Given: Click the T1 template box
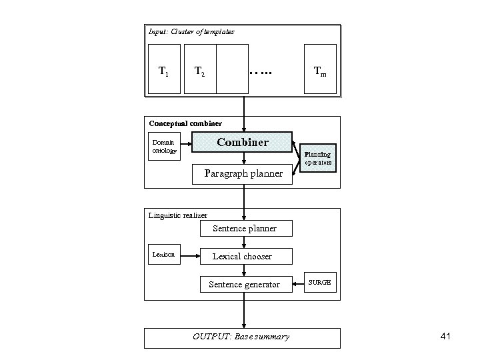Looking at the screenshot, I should [x=163, y=69].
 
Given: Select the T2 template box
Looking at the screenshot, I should [x=200, y=69].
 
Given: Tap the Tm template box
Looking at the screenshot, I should [x=321, y=69].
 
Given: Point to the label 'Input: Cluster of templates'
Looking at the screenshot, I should [x=191, y=31].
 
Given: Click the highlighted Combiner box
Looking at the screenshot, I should [x=242, y=142].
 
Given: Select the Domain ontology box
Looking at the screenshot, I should [x=163, y=146].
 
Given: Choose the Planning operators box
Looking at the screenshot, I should [x=318, y=159].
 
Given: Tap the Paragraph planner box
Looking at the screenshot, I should [x=243, y=174].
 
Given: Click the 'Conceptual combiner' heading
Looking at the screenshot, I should [x=185, y=123].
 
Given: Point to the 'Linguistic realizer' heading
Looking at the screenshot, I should [x=178, y=215].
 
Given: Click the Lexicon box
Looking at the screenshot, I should [x=163, y=255].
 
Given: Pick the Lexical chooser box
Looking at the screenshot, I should [x=242, y=256].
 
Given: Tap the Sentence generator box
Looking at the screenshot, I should [x=244, y=285].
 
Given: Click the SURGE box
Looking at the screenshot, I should [x=319, y=283].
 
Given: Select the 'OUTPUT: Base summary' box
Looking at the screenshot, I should [x=242, y=337].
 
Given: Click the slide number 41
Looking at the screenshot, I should [x=445, y=337].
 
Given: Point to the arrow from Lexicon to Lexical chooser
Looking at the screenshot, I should [x=191, y=255].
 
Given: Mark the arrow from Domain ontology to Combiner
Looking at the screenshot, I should [x=186, y=142].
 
